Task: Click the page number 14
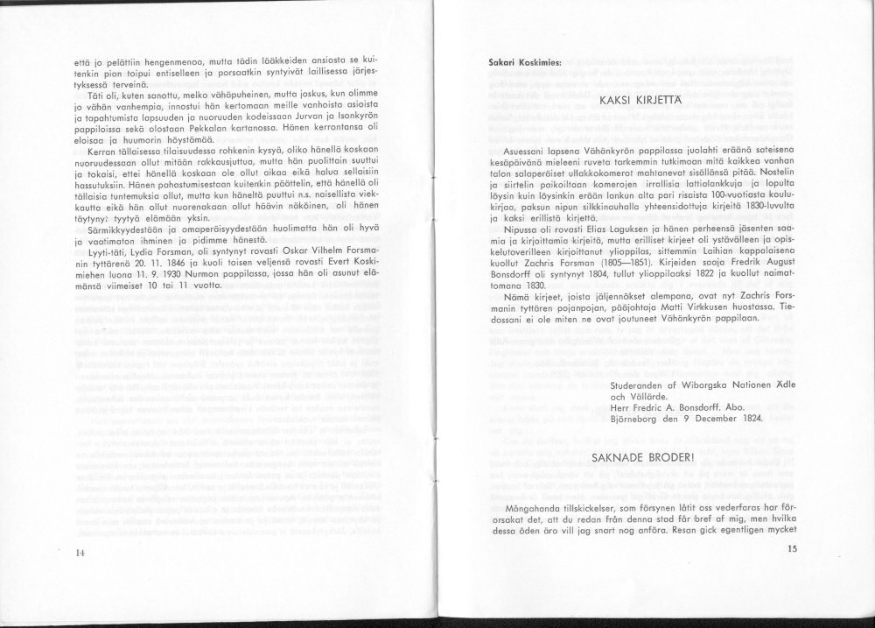point(80,553)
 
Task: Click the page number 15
point(793,549)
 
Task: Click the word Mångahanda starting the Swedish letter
point(533,508)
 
